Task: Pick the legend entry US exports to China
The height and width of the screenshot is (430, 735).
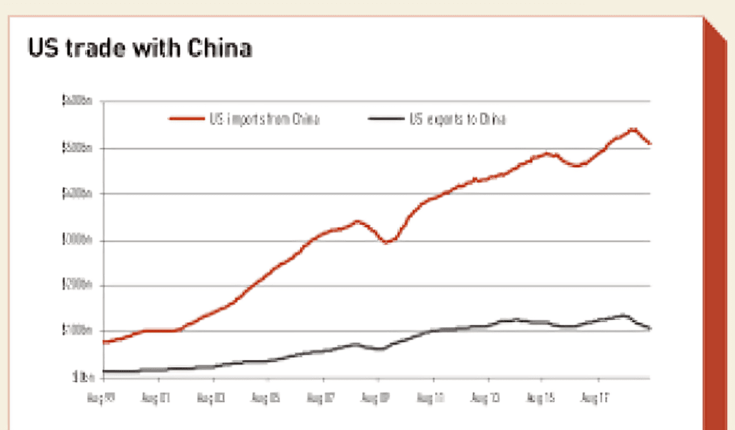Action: click(x=457, y=119)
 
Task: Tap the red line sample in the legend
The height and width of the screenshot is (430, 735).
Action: click(x=187, y=119)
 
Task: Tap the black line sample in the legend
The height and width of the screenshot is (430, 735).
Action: click(x=385, y=119)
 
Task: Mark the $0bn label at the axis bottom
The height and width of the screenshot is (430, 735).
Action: click(x=81, y=377)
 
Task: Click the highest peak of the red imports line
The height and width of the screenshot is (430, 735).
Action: click(x=632, y=129)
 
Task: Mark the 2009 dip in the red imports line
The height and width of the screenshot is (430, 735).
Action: click(x=386, y=242)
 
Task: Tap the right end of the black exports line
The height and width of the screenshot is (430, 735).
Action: click(x=649, y=329)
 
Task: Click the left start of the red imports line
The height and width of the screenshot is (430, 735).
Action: click(x=103, y=342)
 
